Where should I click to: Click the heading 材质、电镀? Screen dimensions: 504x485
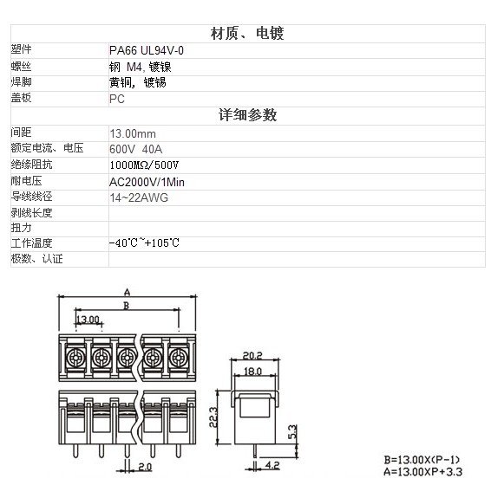(247, 34)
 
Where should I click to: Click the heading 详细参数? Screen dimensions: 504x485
(247, 115)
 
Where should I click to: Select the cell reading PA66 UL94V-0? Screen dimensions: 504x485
(147, 50)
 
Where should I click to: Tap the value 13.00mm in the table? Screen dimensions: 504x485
(133, 133)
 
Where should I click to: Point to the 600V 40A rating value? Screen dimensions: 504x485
(135, 149)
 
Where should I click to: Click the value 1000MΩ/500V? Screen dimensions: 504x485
(144, 165)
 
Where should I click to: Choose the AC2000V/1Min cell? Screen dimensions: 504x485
(147, 182)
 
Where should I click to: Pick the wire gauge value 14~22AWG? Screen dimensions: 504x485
(139, 197)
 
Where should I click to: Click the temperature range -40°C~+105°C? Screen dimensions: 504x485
(144, 243)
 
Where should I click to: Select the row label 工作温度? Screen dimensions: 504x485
(31, 243)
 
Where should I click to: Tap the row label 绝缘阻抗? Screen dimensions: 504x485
(31, 165)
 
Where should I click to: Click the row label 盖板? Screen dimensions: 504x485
(21, 98)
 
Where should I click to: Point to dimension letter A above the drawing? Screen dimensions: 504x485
(128, 292)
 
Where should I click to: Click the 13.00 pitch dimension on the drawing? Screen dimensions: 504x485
(88, 320)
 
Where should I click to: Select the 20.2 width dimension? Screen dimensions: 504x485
(252, 355)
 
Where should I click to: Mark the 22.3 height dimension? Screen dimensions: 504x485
(213, 417)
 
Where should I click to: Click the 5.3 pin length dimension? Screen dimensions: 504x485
(292, 431)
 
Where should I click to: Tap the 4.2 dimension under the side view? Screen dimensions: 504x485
(272, 465)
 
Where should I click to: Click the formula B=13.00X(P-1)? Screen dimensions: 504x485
(422, 460)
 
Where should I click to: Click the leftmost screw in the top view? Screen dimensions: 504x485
(75, 358)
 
